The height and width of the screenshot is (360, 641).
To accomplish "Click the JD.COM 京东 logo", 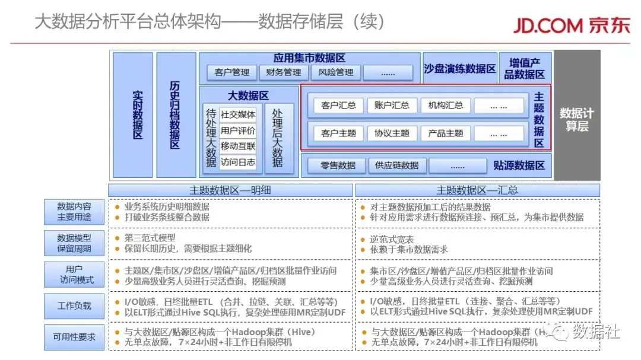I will pos(571,25).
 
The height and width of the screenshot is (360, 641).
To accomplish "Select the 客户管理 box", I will pos(232,72).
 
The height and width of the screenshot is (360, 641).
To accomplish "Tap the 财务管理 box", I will pos(284,72).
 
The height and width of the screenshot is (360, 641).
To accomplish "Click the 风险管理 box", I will pos(335,72).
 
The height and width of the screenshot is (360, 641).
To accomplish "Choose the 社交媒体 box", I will pos(238,115).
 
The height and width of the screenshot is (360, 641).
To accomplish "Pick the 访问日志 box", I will pos(238,162).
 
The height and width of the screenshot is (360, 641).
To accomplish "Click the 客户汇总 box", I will pos(338,106).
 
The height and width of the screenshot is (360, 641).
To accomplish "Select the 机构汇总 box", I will pos(445,106).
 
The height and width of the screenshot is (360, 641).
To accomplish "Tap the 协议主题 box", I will pos(392,133).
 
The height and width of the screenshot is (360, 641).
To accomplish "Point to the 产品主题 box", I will pos(445,133).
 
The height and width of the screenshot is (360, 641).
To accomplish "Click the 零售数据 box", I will pos(338,165).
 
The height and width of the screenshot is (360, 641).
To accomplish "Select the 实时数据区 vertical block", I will pos(133,115).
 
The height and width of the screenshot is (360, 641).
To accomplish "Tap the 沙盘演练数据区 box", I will pos(460,69).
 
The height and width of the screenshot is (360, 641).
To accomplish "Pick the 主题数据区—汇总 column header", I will pos(477,190).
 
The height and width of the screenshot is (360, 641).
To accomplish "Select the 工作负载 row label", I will pos(74,306).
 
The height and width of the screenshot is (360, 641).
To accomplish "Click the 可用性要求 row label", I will pos(74,337).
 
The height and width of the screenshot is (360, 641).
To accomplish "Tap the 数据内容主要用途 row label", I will pos(74,212).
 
